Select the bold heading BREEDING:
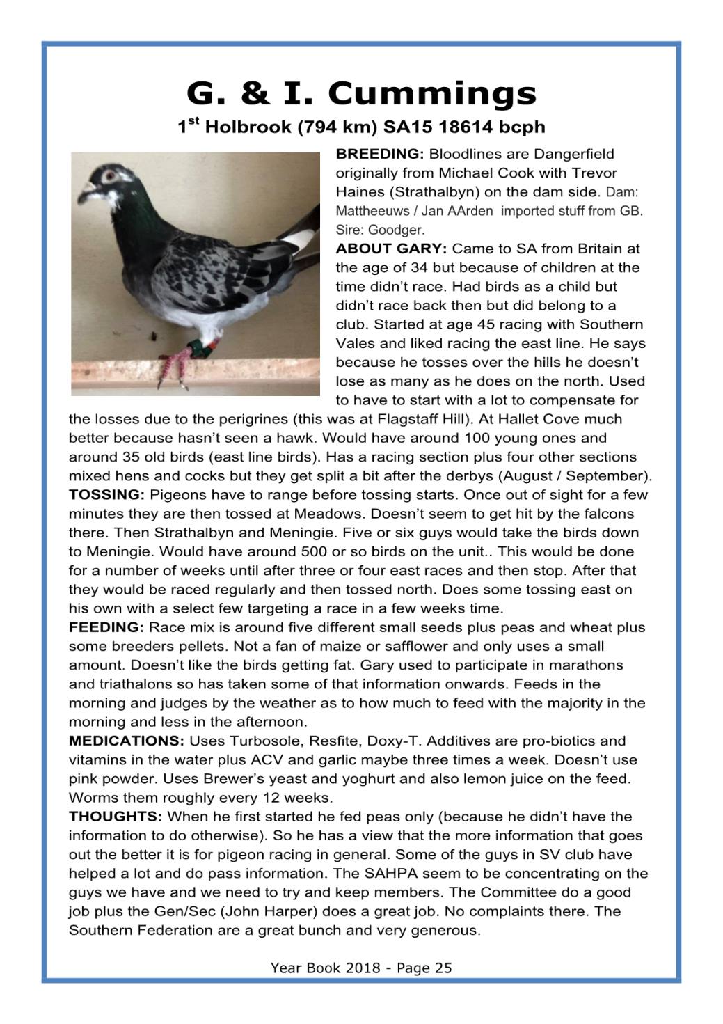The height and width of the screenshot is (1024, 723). [380, 154]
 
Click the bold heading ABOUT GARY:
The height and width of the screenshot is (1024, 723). [391, 249]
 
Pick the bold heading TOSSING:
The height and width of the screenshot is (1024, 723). [106, 495]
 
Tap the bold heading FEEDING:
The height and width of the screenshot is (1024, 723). [106, 627]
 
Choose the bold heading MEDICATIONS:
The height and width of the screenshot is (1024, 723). [127, 741]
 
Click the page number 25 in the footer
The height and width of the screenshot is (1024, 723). [443, 968]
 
